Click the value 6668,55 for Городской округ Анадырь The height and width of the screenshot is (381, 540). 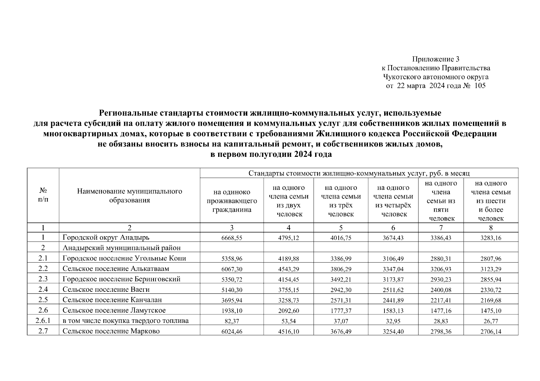click(x=232, y=238)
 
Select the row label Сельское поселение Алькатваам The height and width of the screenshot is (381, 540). click(x=116, y=269)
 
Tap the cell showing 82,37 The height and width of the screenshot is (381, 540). click(x=232, y=321)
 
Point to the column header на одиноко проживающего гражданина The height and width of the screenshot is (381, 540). click(x=232, y=201)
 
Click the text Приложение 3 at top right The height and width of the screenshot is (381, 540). click(x=436, y=59)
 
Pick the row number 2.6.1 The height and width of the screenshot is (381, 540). click(x=43, y=321)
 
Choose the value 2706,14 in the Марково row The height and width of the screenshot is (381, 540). click(x=491, y=332)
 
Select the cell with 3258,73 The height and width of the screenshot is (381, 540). click(x=288, y=300)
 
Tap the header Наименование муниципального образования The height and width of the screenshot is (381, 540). click(x=129, y=196)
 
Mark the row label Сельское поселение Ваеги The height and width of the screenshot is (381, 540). click(x=106, y=289)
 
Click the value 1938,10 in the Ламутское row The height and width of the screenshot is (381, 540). click(x=232, y=311)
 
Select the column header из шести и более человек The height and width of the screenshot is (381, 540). click(x=491, y=201)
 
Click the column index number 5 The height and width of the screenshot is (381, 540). click(x=341, y=228)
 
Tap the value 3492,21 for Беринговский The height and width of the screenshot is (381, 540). click(x=341, y=279)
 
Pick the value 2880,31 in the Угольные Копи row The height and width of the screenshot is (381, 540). click(x=441, y=259)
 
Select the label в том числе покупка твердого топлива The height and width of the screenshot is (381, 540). click(x=126, y=321)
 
